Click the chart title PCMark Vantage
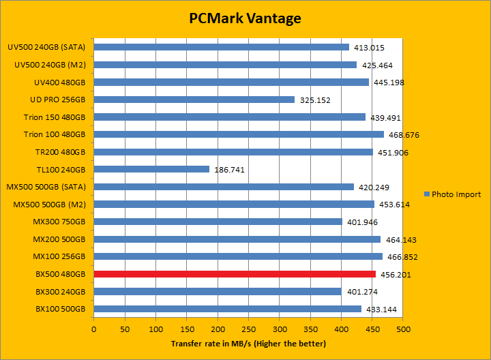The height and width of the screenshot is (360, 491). (x=245, y=18)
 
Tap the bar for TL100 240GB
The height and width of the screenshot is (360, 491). (x=151, y=169)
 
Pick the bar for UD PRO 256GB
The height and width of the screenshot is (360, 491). (x=194, y=100)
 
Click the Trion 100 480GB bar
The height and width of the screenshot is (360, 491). (x=239, y=134)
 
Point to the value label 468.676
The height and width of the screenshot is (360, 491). (x=404, y=135)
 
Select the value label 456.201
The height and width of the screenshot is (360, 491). (x=396, y=275)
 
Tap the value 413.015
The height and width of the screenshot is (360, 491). (x=369, y=48)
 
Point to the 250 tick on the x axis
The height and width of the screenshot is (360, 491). (x=249, y=329)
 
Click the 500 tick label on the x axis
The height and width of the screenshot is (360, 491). (x=403, y=329)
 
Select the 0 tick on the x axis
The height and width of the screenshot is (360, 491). (x=94, y=329)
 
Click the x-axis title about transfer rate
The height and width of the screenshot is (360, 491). (x=248, y=344)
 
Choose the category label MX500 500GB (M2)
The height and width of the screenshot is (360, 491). (x=50, y=204)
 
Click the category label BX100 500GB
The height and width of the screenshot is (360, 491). (x=60, y=309)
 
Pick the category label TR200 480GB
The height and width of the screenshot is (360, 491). (x=60, y=152)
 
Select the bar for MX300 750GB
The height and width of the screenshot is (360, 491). (x=218, y=222)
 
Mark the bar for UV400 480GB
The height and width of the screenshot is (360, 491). (x=231, y=82)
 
